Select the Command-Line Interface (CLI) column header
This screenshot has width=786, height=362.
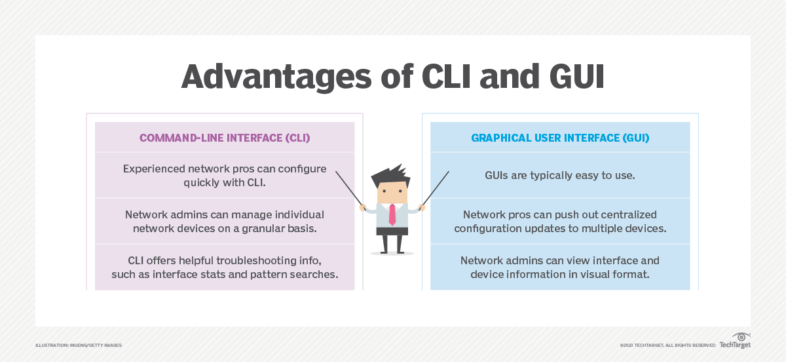225,138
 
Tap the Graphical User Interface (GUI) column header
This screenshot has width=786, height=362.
560,138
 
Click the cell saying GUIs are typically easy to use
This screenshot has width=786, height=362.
560,175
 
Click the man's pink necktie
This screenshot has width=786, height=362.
392,214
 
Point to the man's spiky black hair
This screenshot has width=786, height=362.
390,173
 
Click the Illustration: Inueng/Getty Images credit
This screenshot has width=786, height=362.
79,345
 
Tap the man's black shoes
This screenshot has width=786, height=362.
392,251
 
